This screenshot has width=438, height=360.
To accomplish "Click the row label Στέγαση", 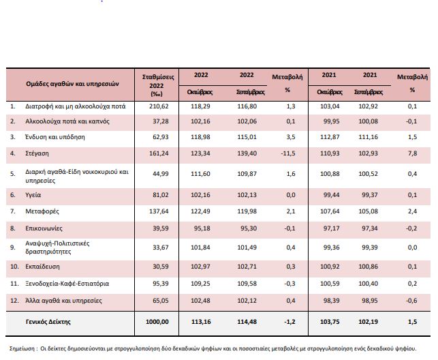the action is pyautogui.click(x=37, y=153).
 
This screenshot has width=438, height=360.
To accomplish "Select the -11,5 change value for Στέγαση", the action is pyautogui.click(x=288, y=153).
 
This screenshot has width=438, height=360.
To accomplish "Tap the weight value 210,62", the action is pyautogui.click(x=159, y=106).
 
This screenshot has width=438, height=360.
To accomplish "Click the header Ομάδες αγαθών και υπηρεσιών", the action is pyautogui.click(x=72, y=84).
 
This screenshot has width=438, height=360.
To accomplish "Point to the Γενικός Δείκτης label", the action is pyautogui.click(x=48, y=322).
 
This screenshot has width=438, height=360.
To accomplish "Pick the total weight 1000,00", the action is pyautogui.click(x=157, y=322).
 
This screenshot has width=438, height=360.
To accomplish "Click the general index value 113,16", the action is pyautogui.click(x=201, y=322).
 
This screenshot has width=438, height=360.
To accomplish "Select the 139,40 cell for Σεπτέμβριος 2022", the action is pyautogui.click(x=247, y=153).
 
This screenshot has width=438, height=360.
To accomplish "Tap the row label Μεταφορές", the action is pyautogui.click(x=42, y=211).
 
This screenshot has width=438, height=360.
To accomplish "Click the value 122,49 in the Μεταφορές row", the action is pyautogui.click(x=200, y=211).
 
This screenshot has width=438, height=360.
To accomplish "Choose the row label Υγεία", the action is pyautogui.click(x=33, y=195).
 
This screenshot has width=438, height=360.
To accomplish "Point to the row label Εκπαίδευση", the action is pyautogui.click(x=42, y=267).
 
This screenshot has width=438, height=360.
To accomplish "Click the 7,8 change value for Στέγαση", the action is pyautogui.click(x=412, y=153).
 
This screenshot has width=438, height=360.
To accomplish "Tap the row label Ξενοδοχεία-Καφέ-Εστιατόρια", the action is pyautogui.click(x=67, y=284).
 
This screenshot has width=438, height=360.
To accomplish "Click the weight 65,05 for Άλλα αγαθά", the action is pyautogui.click(x=161, y=301).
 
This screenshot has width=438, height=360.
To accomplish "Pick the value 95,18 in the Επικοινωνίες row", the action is pyautogui.click(x=202, y=228).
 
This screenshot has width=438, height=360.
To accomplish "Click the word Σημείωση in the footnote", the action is pyautogui.click(x=22, y=348).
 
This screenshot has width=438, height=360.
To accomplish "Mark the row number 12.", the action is pyautogui.click(x=14, y=301).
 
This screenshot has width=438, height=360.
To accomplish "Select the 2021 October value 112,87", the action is pyautogui.click(x=330, y=137).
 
